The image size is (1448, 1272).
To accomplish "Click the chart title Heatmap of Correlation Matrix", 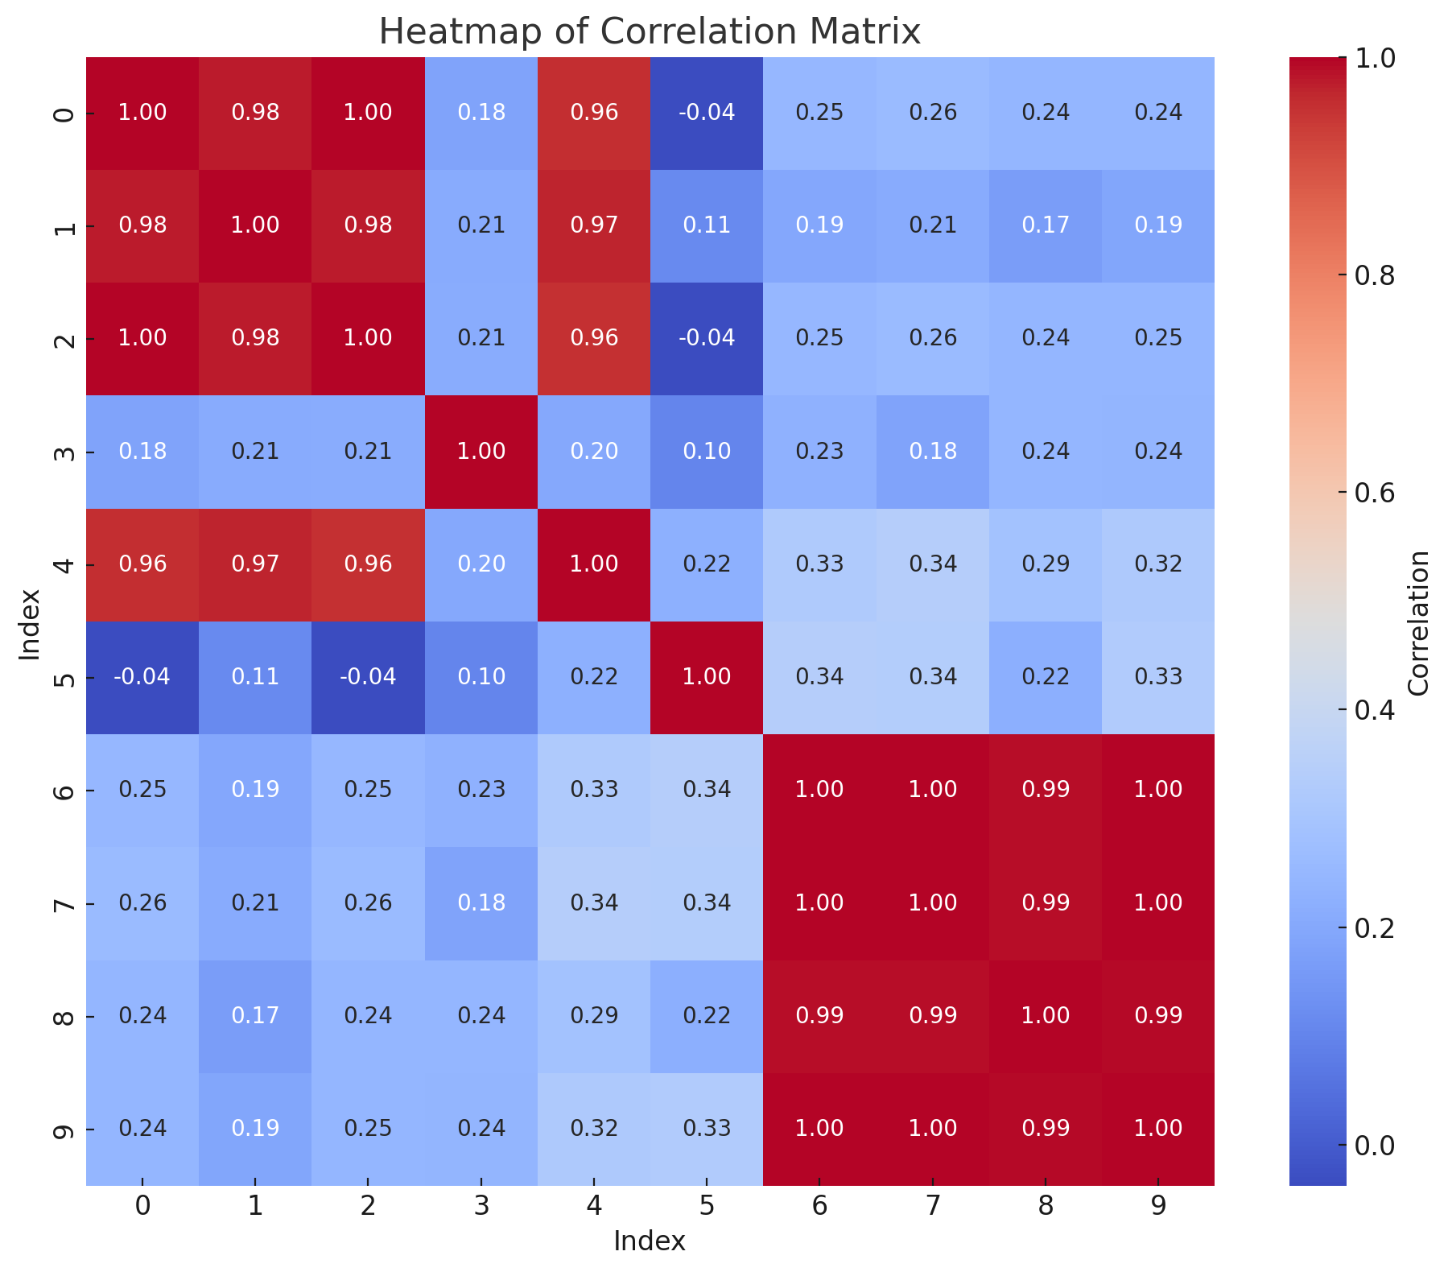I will coord(650,32).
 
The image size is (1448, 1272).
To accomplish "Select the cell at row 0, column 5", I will coord(707,112).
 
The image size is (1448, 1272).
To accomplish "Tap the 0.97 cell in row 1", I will coord(594,225).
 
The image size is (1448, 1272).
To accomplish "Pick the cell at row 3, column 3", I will coord(481,451).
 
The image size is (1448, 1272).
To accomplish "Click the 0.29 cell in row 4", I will coord(1045,564).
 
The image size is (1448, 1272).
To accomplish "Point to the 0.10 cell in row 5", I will coord(481,676).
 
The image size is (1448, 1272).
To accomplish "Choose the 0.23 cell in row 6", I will coord(481,789).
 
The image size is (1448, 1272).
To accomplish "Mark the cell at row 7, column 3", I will coord(481,902).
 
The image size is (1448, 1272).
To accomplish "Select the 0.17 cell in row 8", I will coord(255,1015).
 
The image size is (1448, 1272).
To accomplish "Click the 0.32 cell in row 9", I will coord(594,1128).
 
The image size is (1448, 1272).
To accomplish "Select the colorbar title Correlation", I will coord(1419,622).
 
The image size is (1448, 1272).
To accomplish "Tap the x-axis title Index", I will coord(650,1241).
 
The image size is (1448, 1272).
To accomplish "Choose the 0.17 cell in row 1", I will coord(1045,225).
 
